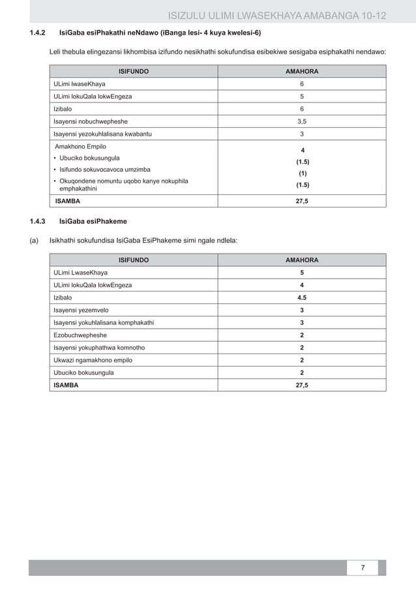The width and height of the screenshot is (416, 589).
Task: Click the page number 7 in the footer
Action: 364,567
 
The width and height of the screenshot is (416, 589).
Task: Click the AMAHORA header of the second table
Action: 302,260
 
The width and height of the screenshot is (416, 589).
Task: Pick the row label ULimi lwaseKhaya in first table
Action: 81,84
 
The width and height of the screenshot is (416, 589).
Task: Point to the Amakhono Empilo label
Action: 81,146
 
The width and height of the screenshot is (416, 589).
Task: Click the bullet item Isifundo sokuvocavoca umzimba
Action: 108,169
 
